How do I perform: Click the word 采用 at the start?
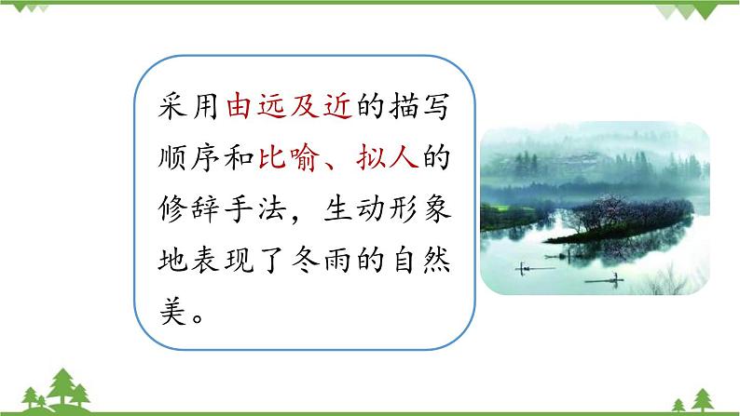(x=193, y=107)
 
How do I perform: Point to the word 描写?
(x=416, y=107)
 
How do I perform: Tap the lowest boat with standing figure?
(x=603, y=276)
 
